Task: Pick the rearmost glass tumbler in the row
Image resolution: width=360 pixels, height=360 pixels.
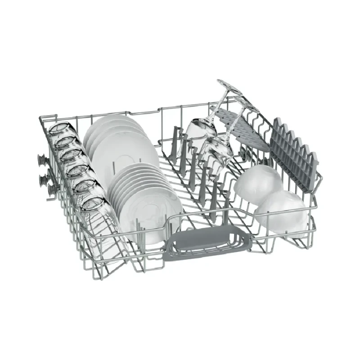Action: coord(60,130)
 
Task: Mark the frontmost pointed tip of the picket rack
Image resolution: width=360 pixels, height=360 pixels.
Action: coord(313,155)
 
